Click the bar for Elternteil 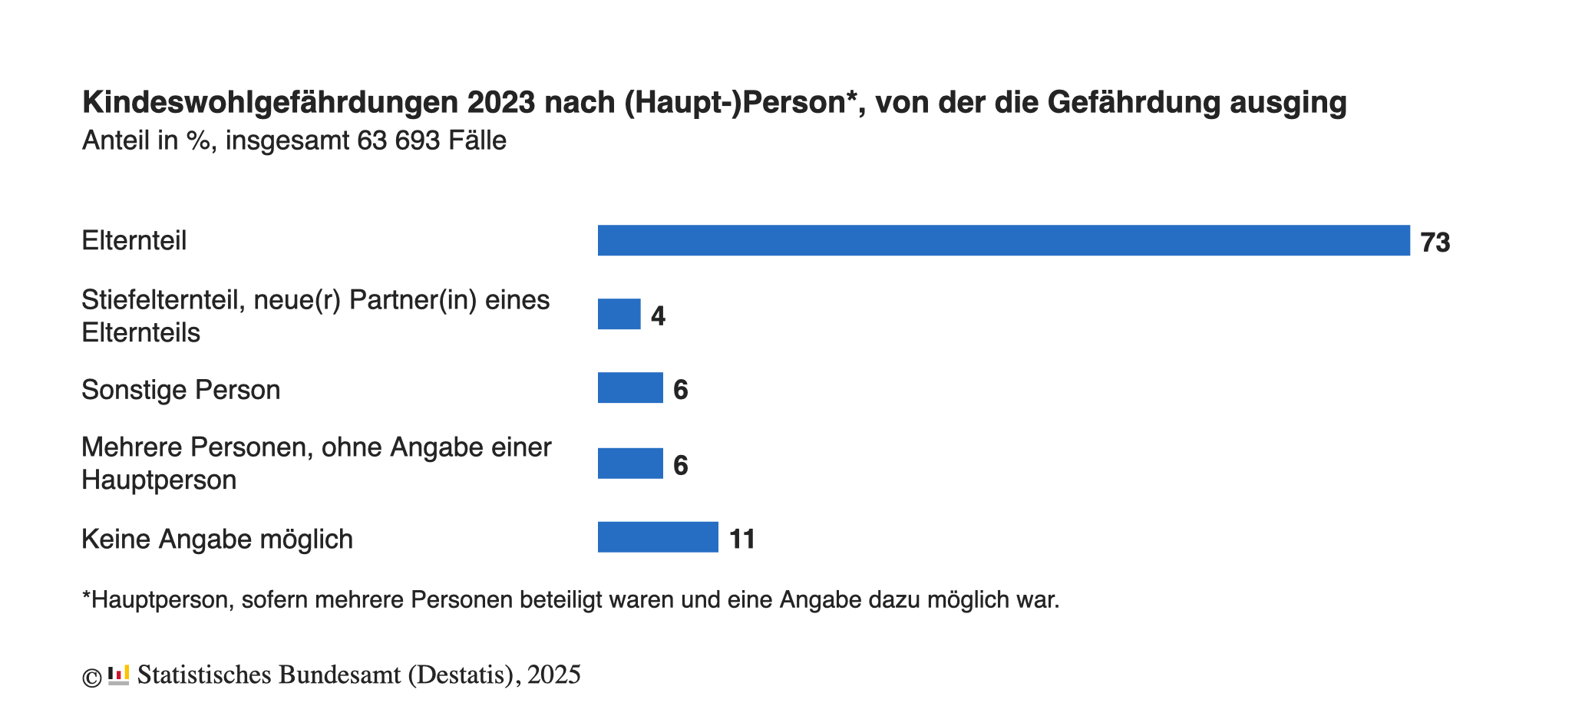tap(1003, 240)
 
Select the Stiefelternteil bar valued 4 tap(619, 315)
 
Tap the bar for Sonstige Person tap(630, 388)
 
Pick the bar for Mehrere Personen tap(630, 464)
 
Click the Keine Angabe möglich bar tap(658, 537)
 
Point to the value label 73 tap(1435, 243)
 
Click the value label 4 tap(658, 316)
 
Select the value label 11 tap(742, 539)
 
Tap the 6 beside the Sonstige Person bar tap(680, 390)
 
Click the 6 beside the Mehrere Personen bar tap(680, 465)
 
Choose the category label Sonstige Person tap(181, 390)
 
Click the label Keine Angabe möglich tap(217, 539)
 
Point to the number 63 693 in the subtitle tap(398, 141)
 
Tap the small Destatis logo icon tap(118, 675)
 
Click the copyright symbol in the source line tap(92, 678)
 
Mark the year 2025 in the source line tap(553, 675)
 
